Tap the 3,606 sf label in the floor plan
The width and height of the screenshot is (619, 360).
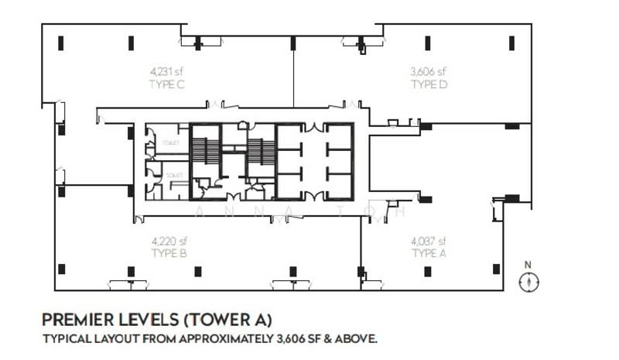[x=429, y=73]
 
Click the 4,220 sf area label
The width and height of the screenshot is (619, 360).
[x=169, y=242]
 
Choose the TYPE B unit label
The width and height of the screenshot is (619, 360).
[x=169, y=253]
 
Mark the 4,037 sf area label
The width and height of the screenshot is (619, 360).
[x=429, y=242]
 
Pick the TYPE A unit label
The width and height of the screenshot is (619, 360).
[x=429, y=253]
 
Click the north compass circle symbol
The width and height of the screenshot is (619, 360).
[x=529, y=283]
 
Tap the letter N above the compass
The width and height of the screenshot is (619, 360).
[x=529, y=266]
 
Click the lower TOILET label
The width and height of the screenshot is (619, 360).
[x=174, y=176]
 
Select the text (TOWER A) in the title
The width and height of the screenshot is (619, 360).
[x=221, y=319]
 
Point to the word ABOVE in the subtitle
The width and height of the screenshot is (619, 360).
[x=358, y=339]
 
